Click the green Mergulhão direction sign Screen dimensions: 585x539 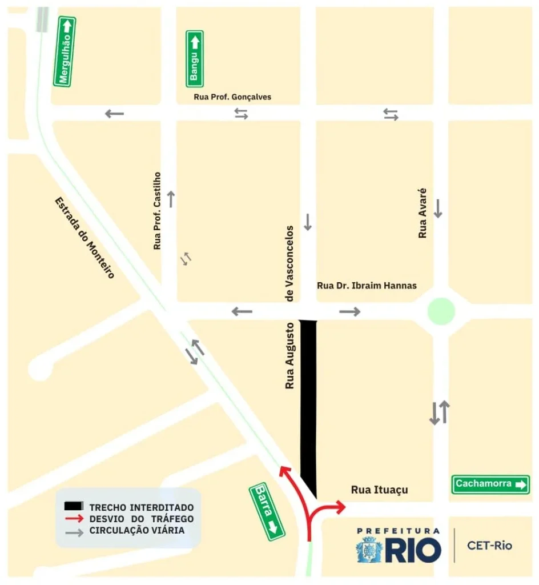(65, 51)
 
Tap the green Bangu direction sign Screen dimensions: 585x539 (194, 58)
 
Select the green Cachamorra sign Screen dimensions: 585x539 (490, 484)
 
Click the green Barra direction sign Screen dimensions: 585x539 (267, 512)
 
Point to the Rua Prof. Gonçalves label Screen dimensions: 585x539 (232, 97)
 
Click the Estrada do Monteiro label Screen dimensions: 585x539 (85, 238)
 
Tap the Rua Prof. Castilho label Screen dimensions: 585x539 (158, 211)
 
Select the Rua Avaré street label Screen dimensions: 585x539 (423, 213)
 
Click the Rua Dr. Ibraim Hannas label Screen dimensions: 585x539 (367, 286)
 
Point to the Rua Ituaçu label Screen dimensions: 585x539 (379, 490)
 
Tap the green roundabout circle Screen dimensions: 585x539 (441, 311)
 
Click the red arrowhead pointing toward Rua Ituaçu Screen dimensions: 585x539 (341, 506)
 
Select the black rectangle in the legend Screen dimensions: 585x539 (74, 507)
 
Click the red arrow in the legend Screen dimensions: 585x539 (74, 519)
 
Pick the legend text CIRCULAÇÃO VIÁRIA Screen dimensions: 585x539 (136, 531)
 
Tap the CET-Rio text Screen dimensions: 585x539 (489, 546)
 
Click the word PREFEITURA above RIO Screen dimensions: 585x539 (398, 531)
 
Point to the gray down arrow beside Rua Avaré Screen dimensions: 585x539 (438, 208)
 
